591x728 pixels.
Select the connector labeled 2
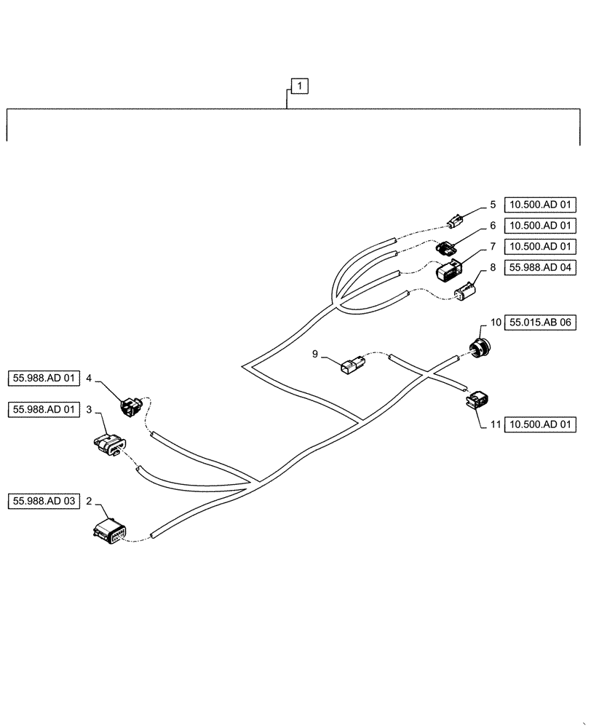tap(110, 533)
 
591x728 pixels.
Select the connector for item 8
tap(464, 293)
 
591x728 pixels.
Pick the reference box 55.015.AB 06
tap(543, 321)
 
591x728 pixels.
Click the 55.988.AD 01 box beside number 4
tap(44, 378)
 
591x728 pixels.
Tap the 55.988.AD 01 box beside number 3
tap(44, 409)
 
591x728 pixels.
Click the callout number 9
tap(315, 354)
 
